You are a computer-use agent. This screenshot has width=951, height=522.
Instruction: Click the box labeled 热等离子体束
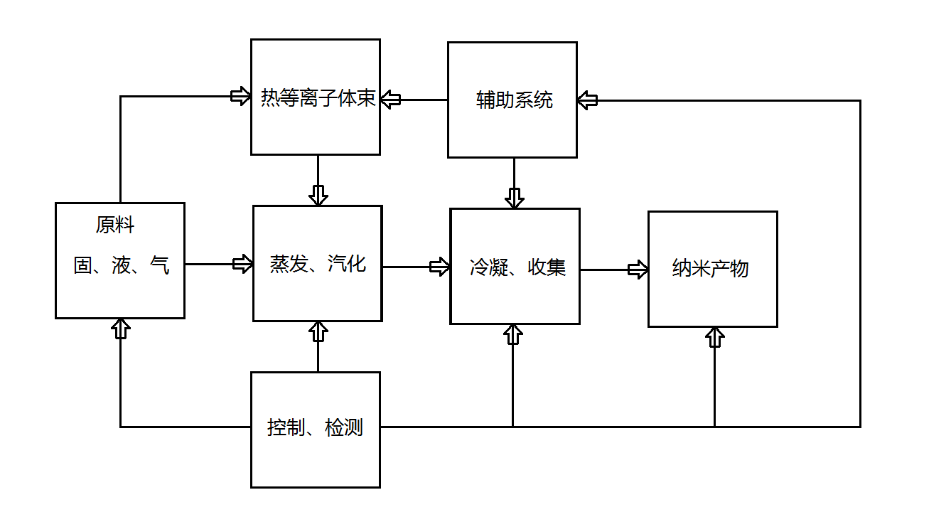[x=316, y=97]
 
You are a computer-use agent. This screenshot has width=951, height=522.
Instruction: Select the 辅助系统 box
[x=512, y=100]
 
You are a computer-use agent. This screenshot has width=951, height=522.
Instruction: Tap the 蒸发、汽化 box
[x=317, y=264]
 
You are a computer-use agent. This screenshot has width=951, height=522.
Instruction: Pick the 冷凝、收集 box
[x=515, y=267]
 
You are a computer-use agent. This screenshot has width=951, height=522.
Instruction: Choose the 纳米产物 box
[x=712, y=269]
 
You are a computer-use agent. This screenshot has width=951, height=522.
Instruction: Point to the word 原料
[x=115, y=225]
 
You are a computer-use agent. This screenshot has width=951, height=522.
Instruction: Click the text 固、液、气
[x=122, y=265]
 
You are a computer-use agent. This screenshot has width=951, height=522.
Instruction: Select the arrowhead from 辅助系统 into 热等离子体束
[x=390, y=99]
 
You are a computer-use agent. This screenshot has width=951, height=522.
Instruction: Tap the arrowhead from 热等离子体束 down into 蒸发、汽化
[x=318, y=195]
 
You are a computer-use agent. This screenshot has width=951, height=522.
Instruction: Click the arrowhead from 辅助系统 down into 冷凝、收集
[x=514, y=198]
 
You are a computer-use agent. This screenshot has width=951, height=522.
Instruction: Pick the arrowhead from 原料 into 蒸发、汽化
[x=243, y=264]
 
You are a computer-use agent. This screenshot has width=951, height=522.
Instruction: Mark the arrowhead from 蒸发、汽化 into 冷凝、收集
[x=440, y=267]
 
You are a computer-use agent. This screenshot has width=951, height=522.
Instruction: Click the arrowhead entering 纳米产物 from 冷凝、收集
[x=638, y=270]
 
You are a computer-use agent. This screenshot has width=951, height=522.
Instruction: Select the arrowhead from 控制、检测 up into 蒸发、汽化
[x=318, y=331]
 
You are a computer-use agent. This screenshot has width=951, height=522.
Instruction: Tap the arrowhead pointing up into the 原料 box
[x=120, y=329]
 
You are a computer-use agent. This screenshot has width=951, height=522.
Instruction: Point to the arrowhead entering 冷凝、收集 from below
[x=513, y=334]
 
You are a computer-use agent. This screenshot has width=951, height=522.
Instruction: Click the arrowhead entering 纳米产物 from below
[x=714, y=337]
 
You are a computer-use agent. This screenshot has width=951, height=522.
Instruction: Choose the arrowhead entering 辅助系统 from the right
[x=588, y=100]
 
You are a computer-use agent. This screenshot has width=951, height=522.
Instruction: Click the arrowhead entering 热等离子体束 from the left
[x=241, y=96]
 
